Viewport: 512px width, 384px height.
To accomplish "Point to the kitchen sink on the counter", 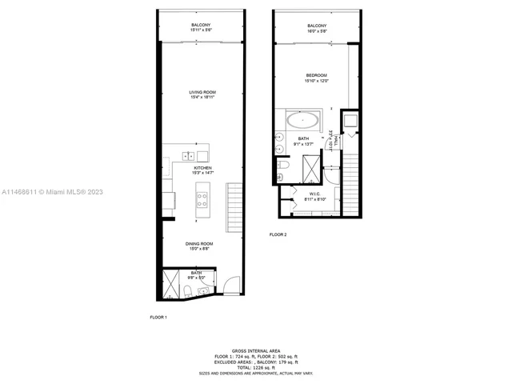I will pyautogui.click(x=190, y=156).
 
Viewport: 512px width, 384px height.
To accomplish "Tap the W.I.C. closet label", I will pyautogui.click(x=314, y=195).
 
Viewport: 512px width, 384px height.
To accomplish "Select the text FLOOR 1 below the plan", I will pyautogui.click(x=158, y=318).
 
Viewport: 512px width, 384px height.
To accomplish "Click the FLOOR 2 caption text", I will pyautogui.click(x=278, y=234).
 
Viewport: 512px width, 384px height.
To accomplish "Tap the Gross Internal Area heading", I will pyautogui.click(x=255, y=350).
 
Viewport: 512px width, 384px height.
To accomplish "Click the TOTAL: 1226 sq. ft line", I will pyautogui.click(x=255, y=366).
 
